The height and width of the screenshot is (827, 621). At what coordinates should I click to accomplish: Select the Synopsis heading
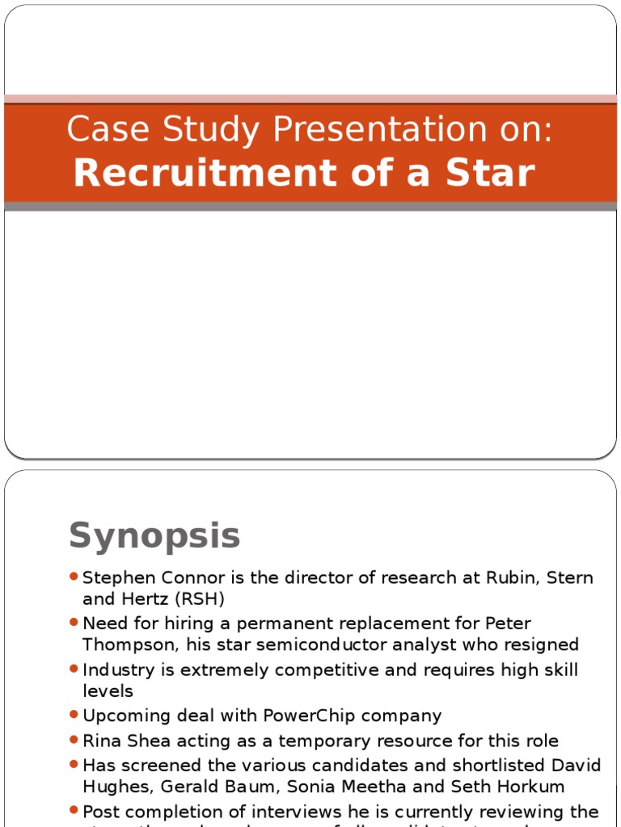pos(154,535)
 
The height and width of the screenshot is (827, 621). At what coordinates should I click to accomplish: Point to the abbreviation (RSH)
pos(194,598)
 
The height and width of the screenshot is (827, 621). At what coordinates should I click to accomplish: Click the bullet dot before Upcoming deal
pos(74,715)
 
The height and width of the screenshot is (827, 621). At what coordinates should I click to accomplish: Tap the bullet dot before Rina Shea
pos(74,740)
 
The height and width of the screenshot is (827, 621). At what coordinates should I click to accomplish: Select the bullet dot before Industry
pos(74,670)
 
